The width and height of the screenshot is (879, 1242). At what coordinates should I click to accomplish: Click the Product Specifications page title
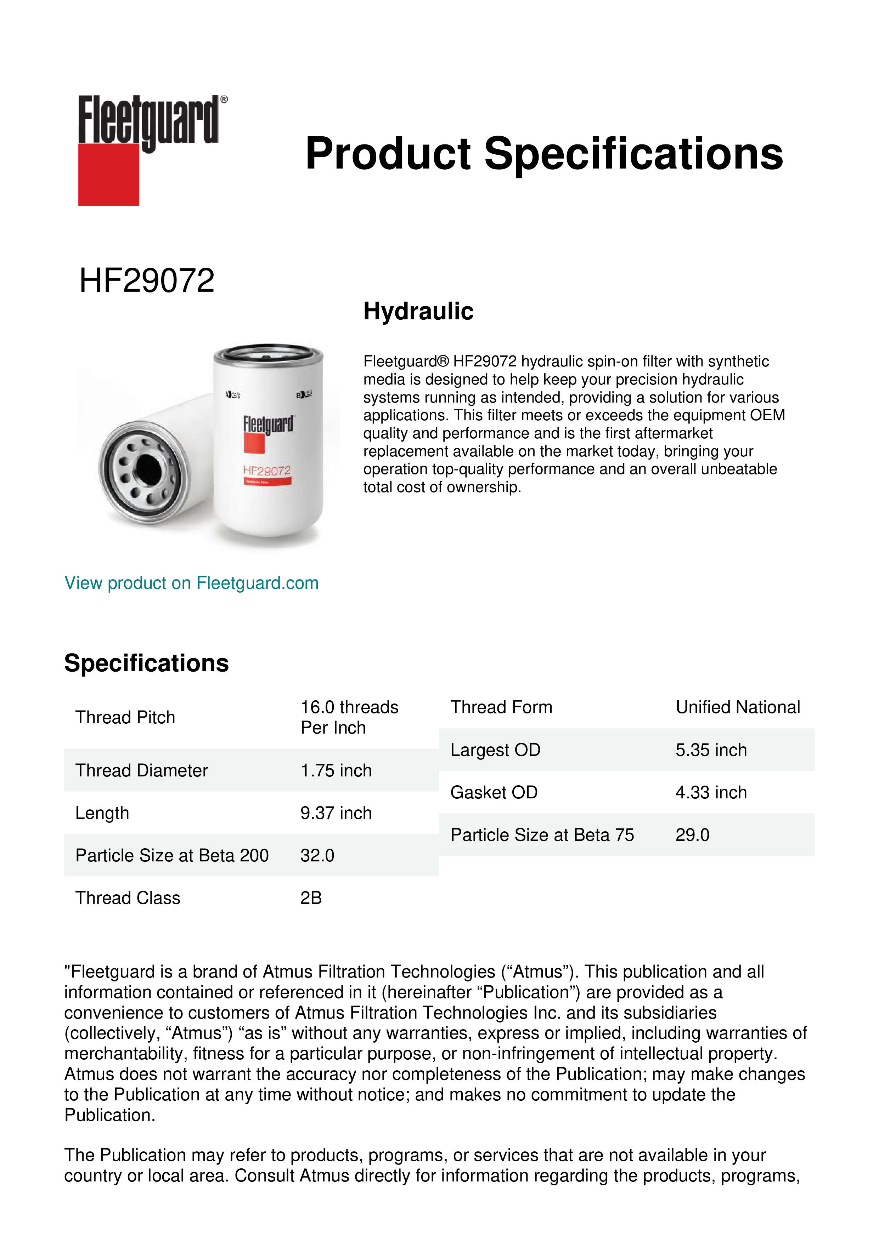pyautogui.click(x=544, y=154)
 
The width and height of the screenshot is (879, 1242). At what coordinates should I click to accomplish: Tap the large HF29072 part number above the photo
pyautogui.click(x=147, y=281)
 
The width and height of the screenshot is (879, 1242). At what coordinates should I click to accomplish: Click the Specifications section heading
pyautogui.click(x=146, y=663)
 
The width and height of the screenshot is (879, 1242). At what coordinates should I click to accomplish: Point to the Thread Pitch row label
pyautogui.click(x=125, y=717)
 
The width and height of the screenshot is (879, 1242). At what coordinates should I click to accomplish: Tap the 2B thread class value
pyautogui.click(x=311, y=898)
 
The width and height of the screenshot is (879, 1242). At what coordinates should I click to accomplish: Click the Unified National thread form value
pyautogui.click(x=737, y=707)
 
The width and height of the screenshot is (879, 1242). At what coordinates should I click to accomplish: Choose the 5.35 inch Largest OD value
pyautogui.click(x=711, y=750)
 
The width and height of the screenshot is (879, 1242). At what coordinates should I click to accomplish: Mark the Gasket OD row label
pyautogui.click(x=494, y=792)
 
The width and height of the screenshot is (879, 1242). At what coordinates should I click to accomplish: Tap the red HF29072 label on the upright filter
pyautogui.click(x=267, y=471)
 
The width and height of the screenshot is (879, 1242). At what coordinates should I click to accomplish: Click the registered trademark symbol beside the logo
pyautogui.click(x=224, y=99)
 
